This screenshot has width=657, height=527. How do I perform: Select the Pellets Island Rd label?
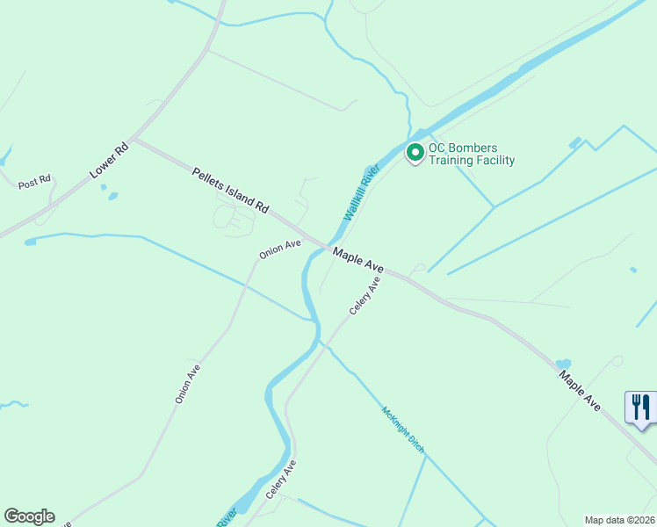click(231, 191)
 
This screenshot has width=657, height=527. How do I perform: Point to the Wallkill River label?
click(361, 192)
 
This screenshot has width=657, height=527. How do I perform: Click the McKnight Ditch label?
click(403, 430)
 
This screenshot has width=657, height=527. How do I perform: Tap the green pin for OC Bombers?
click(415, 153)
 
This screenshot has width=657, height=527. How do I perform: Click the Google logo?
click(29, 516)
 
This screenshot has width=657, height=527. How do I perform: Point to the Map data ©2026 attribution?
click(619, 519)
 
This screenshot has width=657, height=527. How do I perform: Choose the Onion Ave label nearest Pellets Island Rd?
click(280, 249)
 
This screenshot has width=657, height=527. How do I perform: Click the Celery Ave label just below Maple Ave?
click(365, 296)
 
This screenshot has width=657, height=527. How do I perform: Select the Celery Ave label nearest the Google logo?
click(282, 480)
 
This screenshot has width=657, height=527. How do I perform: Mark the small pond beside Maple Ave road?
click(563, 364)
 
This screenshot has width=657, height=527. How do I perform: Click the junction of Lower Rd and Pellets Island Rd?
click(134, 140)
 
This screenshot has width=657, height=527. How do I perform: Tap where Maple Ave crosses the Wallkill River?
click(327, 246)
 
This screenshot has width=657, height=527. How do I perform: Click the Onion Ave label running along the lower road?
click(188, 384)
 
